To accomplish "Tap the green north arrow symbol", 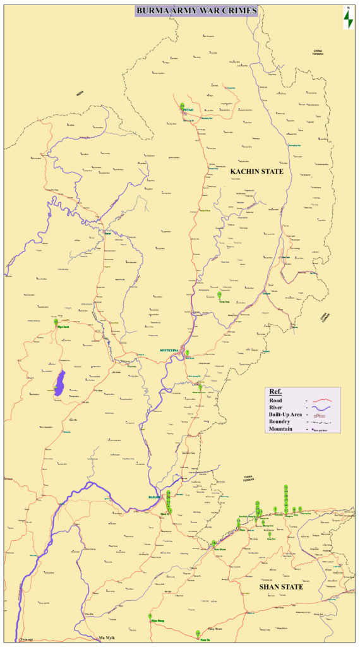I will click(x=347, y=19).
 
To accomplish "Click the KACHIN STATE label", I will click(x=256, y=171).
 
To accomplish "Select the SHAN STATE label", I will click(x=282, y=587).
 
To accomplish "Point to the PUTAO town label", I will click(x=188, y=110).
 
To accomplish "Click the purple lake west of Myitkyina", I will click(x=60, y=384).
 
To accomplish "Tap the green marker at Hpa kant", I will click(x=56, y=322).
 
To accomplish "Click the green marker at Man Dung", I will click(x=150, y=616).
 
